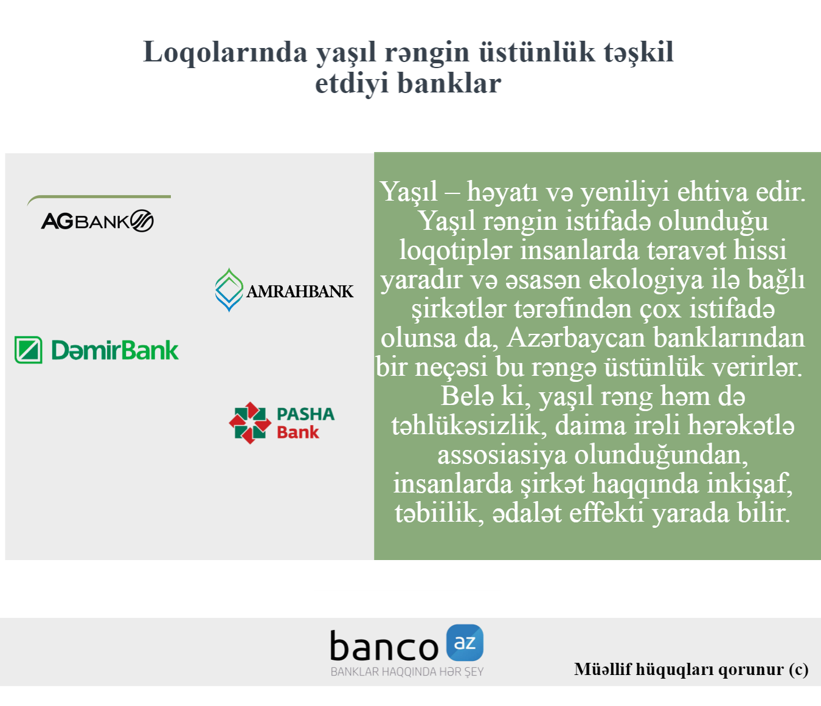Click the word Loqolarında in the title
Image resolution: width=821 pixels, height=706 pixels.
(225, 52)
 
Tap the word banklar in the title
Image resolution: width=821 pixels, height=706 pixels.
(449, 84)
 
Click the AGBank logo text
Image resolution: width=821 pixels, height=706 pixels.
(85, 221)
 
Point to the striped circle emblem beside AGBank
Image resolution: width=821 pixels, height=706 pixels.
(142, 221)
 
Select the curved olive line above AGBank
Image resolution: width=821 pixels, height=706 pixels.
(99, 197)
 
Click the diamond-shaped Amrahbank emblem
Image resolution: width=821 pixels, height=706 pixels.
(229, 290)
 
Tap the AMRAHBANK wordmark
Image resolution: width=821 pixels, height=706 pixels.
(300, 291)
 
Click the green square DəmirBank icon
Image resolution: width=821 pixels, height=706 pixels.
(28, 350)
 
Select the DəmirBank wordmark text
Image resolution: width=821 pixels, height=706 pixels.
(115, 350)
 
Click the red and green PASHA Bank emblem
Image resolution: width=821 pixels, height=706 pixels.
(250, 423)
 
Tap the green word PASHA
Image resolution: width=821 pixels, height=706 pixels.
(305, 414)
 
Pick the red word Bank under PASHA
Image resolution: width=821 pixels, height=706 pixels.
(298, 432)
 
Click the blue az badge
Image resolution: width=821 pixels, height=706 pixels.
(465, 643)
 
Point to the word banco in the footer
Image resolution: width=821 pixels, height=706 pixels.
(384, 646)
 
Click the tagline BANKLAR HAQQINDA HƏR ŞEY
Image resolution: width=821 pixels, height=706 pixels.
(407, 672)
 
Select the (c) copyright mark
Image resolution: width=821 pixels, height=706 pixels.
(798, 670)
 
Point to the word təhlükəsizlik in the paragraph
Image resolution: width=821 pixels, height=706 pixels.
(466, 426)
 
